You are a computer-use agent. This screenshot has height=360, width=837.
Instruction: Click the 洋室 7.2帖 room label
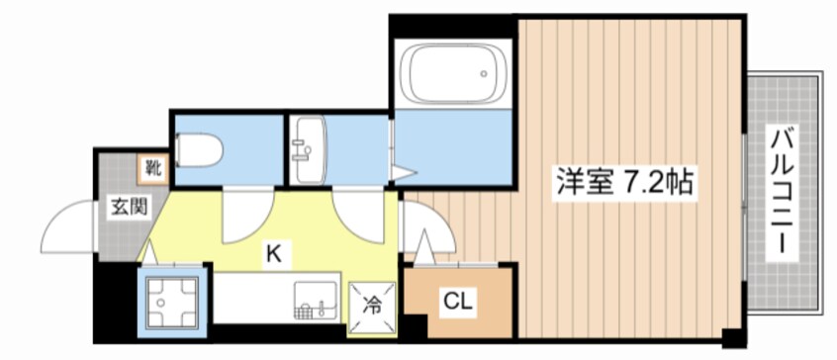click(624, 183)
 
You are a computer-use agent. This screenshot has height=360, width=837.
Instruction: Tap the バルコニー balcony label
click(783, 192)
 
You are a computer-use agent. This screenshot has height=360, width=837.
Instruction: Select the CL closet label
click(458, 303)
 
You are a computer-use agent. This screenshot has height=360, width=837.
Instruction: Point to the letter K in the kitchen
click(274, 254)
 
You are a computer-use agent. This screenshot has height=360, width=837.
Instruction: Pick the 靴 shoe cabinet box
click(152, 169)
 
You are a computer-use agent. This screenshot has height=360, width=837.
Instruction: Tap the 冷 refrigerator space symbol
click(372, 306)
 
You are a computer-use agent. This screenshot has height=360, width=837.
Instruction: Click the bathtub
click(454, 73)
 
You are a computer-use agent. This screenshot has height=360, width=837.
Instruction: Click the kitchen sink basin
click(316, 301)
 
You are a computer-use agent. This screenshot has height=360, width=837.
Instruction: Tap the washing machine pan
click(172, 302)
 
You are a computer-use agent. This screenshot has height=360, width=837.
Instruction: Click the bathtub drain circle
click(484, 73)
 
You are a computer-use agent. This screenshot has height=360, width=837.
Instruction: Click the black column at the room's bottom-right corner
click(733, 338)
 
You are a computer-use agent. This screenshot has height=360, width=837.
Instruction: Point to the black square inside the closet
click(416, 325)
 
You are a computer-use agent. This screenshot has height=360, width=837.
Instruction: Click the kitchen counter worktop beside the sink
click(254, 298)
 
